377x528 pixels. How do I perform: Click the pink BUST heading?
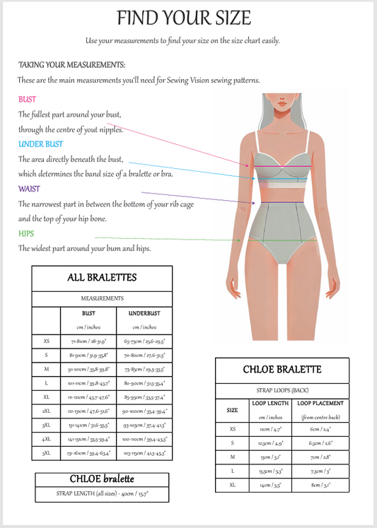point(27,100)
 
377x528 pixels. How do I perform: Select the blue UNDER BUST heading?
point(40,144)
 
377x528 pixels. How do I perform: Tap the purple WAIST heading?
point(29,189)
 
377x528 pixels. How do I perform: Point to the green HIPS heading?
point(26,234)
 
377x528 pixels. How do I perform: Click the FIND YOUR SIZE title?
point(183,18)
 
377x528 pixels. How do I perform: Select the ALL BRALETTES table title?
point(101,278)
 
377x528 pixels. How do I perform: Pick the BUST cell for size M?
point(88,368)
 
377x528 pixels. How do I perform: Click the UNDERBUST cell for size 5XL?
point(144,452)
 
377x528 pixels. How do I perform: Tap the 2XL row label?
point(46,411)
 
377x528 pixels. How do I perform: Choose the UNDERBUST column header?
point(144,313)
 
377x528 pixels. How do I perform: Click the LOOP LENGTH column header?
point(269,404)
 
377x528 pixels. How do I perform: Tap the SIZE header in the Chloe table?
point(232,410)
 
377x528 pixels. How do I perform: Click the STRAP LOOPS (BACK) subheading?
point(282,389)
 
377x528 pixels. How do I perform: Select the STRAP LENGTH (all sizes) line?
point(102,493)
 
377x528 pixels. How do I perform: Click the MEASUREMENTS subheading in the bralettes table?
point(102,299)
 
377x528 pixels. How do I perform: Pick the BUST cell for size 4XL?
point(88,438)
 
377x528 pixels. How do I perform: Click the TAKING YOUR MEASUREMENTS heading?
point(71,64)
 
